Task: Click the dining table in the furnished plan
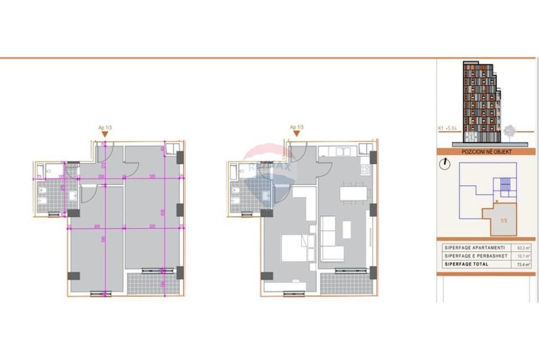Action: [x=353, y=193]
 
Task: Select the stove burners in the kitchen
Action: [x=365, y=169]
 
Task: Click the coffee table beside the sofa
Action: [x=347, y=229]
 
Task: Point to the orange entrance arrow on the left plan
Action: [x=104, y=134]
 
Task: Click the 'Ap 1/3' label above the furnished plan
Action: [x=297, y=127]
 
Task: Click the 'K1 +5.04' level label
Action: [x=448, y=128]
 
